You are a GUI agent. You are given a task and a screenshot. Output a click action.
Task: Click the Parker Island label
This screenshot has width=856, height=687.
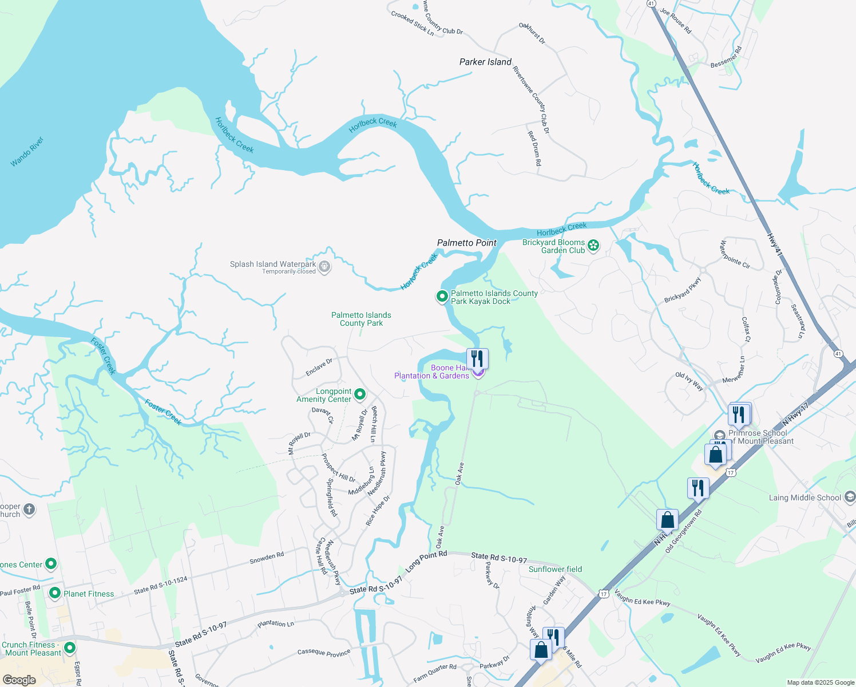[485, 62]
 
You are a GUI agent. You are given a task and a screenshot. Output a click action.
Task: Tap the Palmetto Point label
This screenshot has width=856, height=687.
[467, 243]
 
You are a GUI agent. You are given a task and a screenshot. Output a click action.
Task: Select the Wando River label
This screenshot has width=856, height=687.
[27, 152]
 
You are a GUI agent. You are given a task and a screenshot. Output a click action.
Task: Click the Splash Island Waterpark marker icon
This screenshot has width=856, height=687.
[324, 267]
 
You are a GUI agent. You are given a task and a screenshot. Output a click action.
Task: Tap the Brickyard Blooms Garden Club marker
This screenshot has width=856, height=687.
[593, 246]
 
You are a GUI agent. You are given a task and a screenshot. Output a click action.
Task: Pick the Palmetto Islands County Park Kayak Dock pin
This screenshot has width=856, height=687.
[442, 297]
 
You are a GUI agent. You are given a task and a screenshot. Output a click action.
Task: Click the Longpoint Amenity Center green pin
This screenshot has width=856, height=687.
[360, 394]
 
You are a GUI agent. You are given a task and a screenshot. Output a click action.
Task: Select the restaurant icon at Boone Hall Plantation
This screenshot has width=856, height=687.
[477, 359]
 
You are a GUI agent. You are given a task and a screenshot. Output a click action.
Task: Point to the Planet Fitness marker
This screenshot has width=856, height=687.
[55, 593]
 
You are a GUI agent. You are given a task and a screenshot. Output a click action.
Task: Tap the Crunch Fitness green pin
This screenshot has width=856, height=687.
[70, 648]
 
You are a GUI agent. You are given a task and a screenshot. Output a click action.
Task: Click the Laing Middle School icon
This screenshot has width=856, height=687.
[850, 497]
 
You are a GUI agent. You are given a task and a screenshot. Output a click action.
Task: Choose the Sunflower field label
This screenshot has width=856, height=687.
[555, 569]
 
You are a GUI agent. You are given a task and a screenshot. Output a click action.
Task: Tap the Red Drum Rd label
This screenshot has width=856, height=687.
[534, 148]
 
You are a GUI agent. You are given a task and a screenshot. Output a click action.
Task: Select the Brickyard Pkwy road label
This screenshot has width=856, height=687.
[683, 290]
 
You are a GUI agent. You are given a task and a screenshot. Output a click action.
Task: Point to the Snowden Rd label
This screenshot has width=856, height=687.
[267, 558]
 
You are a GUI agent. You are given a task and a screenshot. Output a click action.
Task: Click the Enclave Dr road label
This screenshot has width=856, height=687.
[319, 368]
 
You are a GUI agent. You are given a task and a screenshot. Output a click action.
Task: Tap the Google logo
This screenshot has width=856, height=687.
[19, 680]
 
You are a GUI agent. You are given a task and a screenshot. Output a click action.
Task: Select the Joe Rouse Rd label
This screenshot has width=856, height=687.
[676, 21]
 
